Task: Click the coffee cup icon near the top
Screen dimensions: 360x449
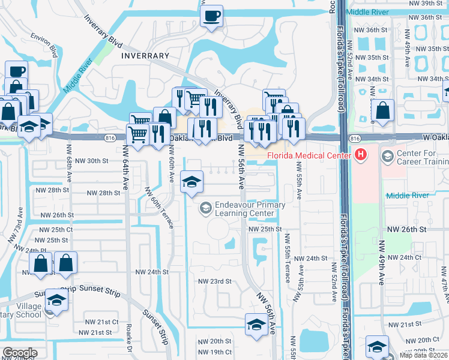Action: (211, 16)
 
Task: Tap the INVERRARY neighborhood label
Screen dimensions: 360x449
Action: (145, 55)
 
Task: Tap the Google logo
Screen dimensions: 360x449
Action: (20, 353)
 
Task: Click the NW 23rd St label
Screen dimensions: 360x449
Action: (214, 281)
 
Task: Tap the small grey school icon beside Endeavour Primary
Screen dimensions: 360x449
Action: (205, 208)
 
